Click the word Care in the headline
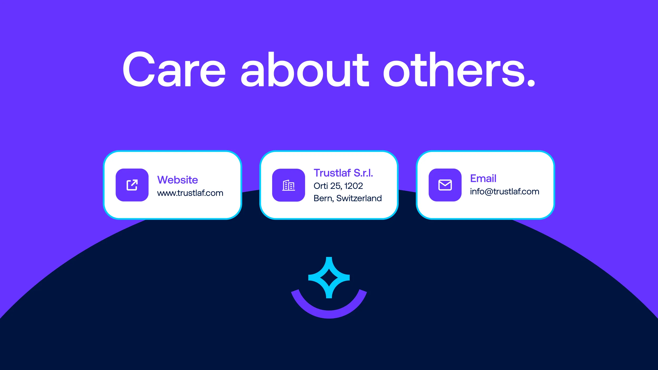174,69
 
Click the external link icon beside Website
132,185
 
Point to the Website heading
178,180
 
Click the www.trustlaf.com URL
190,193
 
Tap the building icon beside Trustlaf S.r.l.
288,185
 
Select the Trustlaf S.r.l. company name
343,173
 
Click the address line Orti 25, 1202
338,186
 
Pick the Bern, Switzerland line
348,198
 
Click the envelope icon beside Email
445,185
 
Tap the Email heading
483,178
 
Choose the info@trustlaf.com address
505,192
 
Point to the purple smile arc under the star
329,314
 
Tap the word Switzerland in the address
359,198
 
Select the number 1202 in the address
353,186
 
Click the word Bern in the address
323,198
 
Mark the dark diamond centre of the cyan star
329,278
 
